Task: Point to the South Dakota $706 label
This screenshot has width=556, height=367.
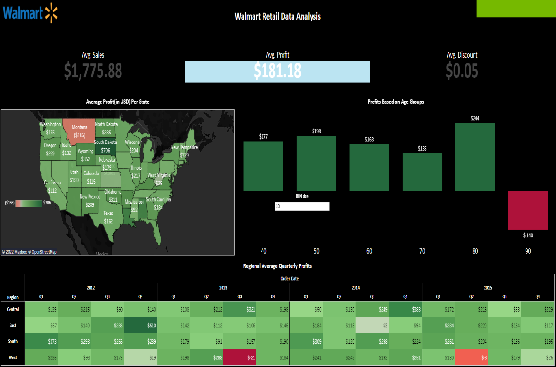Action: (x=105, y=150)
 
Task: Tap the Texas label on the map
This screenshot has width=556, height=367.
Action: (x=108, y=217)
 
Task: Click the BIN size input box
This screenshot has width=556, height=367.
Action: (x=302, y=206)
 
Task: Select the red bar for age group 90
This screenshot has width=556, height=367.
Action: (x=528, y=210)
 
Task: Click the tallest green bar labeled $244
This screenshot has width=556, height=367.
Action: (x=475, y=157)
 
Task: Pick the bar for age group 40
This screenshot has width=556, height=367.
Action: (x=263, y=166)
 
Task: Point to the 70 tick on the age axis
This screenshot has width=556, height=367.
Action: (x=422, y=251)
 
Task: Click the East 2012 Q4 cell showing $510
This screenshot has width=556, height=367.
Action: (x=140, y=326)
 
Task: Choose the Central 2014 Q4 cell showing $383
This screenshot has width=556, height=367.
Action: (x=405, y=310)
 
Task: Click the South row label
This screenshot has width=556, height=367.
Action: (x=13, y=341)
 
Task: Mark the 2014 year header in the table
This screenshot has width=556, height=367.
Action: (x=355, y=288)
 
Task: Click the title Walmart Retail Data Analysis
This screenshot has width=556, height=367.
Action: (x=277, y=17)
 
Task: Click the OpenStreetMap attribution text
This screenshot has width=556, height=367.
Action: (x=44, y=252)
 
